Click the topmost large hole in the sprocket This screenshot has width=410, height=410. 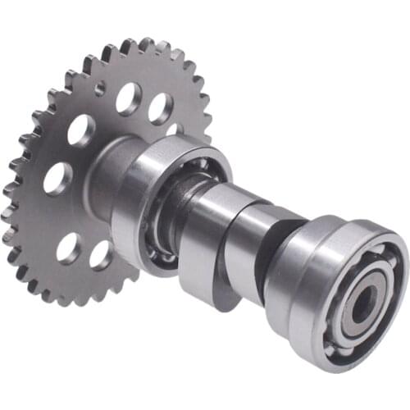click(128, 98)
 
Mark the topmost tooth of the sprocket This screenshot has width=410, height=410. click(144, 43)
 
